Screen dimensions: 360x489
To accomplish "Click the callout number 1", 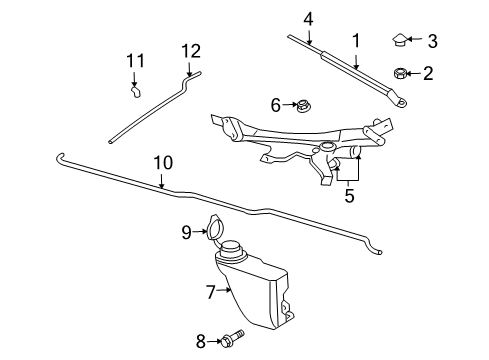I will point(354,40).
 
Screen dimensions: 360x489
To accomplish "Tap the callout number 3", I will point(432,40).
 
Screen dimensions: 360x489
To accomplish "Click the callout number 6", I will point(276,104).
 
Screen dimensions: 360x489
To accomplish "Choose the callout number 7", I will point(211,292).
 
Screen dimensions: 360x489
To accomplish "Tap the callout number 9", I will point(186,232).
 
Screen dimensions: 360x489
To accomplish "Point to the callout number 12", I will point(190,49).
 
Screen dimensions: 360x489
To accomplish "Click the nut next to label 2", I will point(399,72).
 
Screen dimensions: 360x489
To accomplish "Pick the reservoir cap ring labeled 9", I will point(212,229).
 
